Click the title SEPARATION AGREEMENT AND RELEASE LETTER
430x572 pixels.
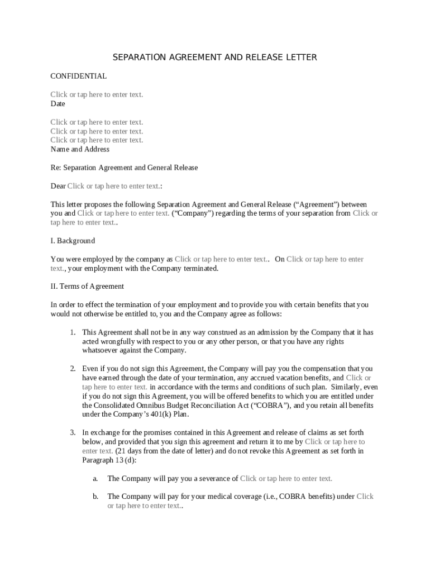215,58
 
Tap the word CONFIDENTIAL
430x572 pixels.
78,76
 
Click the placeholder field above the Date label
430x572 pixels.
97,94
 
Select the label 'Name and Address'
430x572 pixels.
80,149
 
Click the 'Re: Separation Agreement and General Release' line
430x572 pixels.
124,168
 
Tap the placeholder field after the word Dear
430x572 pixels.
113,186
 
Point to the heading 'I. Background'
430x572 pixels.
73,241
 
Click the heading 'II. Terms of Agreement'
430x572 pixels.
87,287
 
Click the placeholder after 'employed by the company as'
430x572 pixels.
221,259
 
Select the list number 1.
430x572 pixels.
73,332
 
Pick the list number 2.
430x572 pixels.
73,369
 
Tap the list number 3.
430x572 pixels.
73,432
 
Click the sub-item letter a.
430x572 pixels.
95,478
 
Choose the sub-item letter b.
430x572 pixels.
95,496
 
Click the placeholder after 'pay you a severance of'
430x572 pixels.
286,478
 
